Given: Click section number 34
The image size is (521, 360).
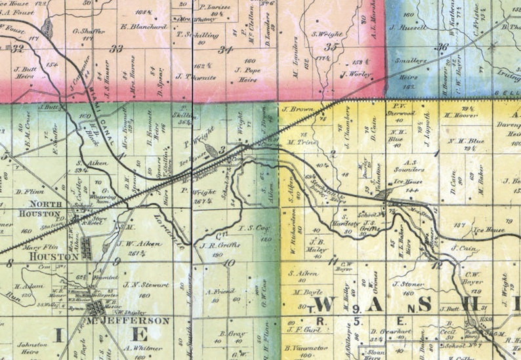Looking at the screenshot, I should pos(226,50).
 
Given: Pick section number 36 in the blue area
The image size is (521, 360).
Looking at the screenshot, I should pos(443,47).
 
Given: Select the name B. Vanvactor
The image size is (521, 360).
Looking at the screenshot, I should pos(306,348).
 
